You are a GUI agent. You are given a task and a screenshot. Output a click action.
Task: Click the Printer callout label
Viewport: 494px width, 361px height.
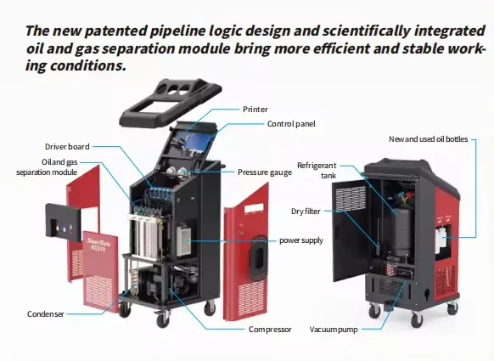[255, 110]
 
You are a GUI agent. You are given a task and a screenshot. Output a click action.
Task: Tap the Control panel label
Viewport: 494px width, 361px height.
[291, 124]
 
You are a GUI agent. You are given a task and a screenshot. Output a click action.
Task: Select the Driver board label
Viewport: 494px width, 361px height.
[67, 147]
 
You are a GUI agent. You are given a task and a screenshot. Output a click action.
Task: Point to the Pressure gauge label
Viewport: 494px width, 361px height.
[265, 172]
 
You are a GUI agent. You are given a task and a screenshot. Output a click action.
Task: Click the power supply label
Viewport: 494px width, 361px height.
[301, 240]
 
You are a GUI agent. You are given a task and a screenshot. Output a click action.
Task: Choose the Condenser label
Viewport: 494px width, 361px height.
[46, 314]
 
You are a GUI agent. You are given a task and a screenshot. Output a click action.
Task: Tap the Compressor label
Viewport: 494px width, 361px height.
[270, 330]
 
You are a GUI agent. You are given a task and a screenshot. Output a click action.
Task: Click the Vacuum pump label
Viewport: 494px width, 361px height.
[334, 330]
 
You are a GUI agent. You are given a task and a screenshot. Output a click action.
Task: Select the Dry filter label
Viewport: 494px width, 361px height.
[306, 212]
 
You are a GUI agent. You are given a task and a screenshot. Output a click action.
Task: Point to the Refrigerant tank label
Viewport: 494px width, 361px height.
[317, 170]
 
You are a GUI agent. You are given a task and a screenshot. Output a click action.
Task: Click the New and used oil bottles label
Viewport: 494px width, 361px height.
[428, 139]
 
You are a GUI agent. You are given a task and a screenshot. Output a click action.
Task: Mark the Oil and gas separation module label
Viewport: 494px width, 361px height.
[47, 167]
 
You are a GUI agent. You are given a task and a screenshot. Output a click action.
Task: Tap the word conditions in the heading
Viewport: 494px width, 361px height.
[88, 65]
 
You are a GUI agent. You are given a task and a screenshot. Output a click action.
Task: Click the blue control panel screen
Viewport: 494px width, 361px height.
[193, 141]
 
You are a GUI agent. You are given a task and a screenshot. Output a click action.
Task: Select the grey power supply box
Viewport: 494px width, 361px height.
[183, 240]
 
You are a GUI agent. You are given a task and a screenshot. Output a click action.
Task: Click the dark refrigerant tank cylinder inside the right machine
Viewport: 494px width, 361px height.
[401, 228]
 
